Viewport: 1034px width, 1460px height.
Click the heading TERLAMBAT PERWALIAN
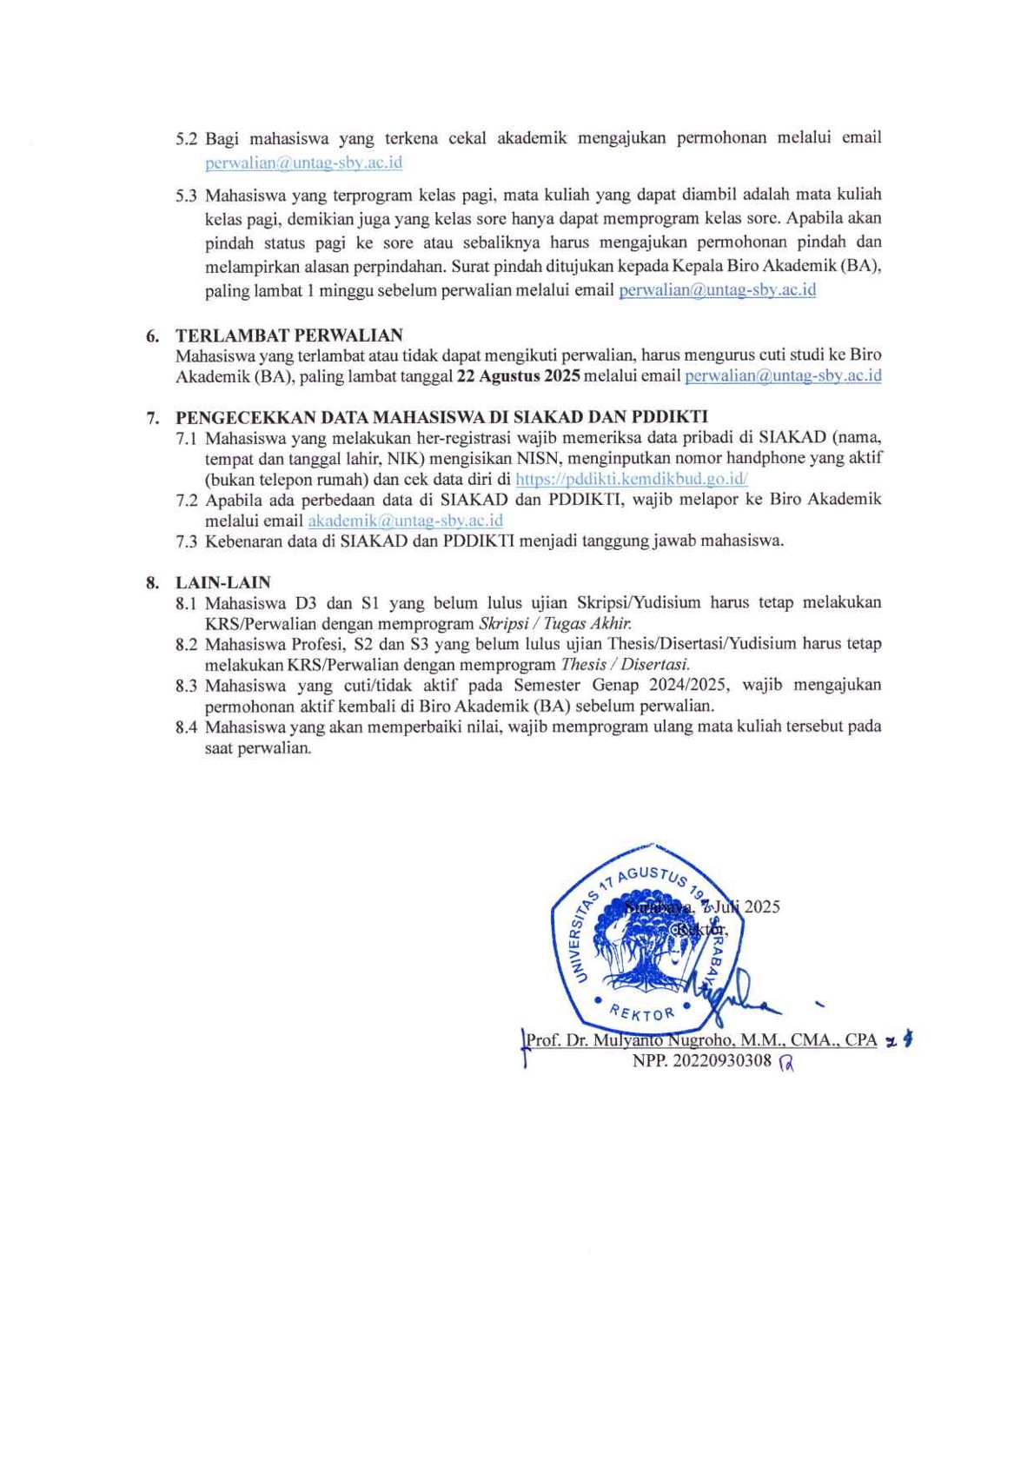point(288,335)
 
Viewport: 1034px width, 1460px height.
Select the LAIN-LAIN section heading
point(222,582)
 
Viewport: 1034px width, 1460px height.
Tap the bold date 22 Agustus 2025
point(518,376)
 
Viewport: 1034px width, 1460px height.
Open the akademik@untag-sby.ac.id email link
point(405,521)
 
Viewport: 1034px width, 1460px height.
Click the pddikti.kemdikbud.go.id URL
point(631,479)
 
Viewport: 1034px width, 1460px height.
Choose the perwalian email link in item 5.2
point(303,163)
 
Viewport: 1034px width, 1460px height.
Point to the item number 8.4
point(186,727)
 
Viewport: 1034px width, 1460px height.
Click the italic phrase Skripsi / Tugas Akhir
point(555,623)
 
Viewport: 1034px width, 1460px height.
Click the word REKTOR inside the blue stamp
point(642,1012)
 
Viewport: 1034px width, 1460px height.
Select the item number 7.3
point(186,541)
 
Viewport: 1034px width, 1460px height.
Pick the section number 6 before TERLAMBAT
point(152,336)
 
